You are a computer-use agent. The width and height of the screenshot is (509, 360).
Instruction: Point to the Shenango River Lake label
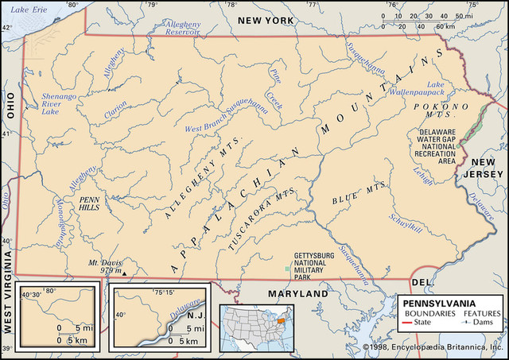60,104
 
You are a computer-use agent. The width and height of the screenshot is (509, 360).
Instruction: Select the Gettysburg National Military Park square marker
288,271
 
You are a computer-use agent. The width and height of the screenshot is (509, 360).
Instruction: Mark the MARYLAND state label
298,294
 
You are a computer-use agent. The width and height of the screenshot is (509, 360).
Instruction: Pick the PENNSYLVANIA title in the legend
438,304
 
